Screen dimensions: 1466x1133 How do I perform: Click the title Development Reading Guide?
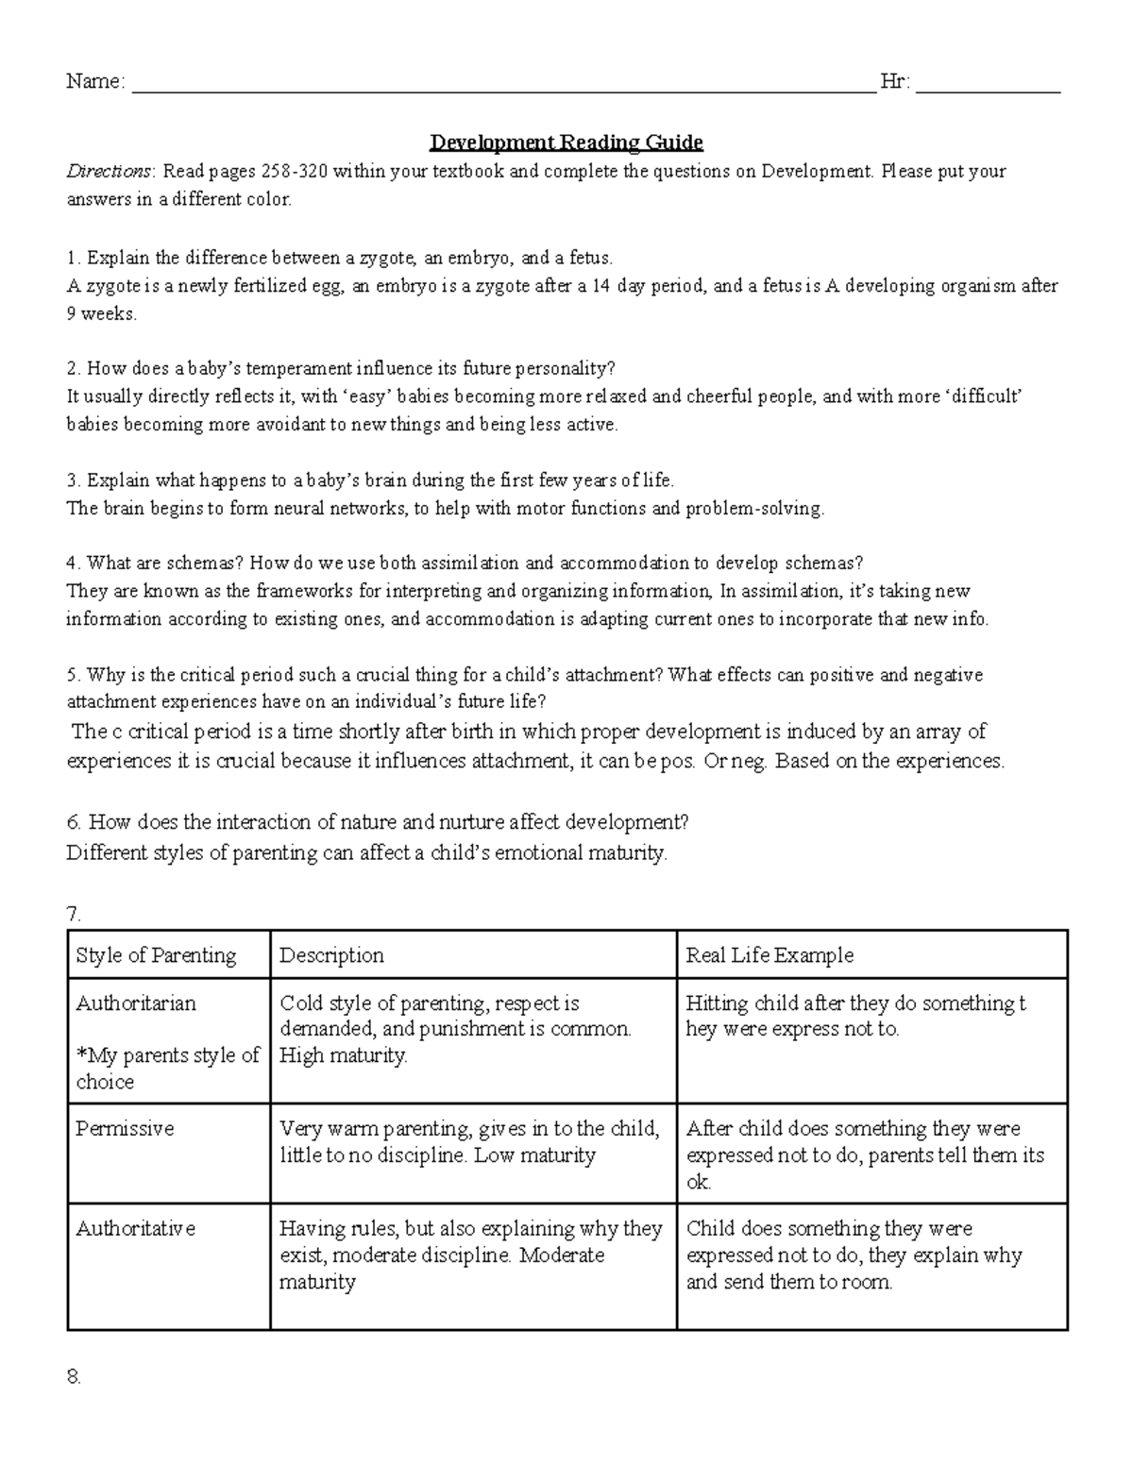pyautogui.click(x=566, y=143)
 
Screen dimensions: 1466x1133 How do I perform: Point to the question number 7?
pyautogui.click(x=75, y=914)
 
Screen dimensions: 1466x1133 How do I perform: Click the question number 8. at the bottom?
pyautogui.click(x=75, y=1377)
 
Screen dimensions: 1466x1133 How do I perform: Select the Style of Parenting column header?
pyautogui.click(x=156, y=955)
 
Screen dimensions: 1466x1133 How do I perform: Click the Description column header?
pyautogui.click(x=331, y=955)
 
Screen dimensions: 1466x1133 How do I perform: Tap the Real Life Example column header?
pyautogui.click(x=769, y=955)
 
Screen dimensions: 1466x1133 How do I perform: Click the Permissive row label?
pyautogui.click(x=125, y=1129)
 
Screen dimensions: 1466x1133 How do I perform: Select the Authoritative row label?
pyautogui.click(x=136, y=1229)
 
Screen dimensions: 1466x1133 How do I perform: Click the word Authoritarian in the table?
pyautogui.click(x=136, y=1003)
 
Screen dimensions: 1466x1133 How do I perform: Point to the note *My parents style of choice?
pyautogui.click(x=167, y=1069)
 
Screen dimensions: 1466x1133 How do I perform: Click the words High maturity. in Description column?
pyautogui.click(x=344, y=1056)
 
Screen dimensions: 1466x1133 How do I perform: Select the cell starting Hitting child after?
pyautogui.click(x=855, y=1016)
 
